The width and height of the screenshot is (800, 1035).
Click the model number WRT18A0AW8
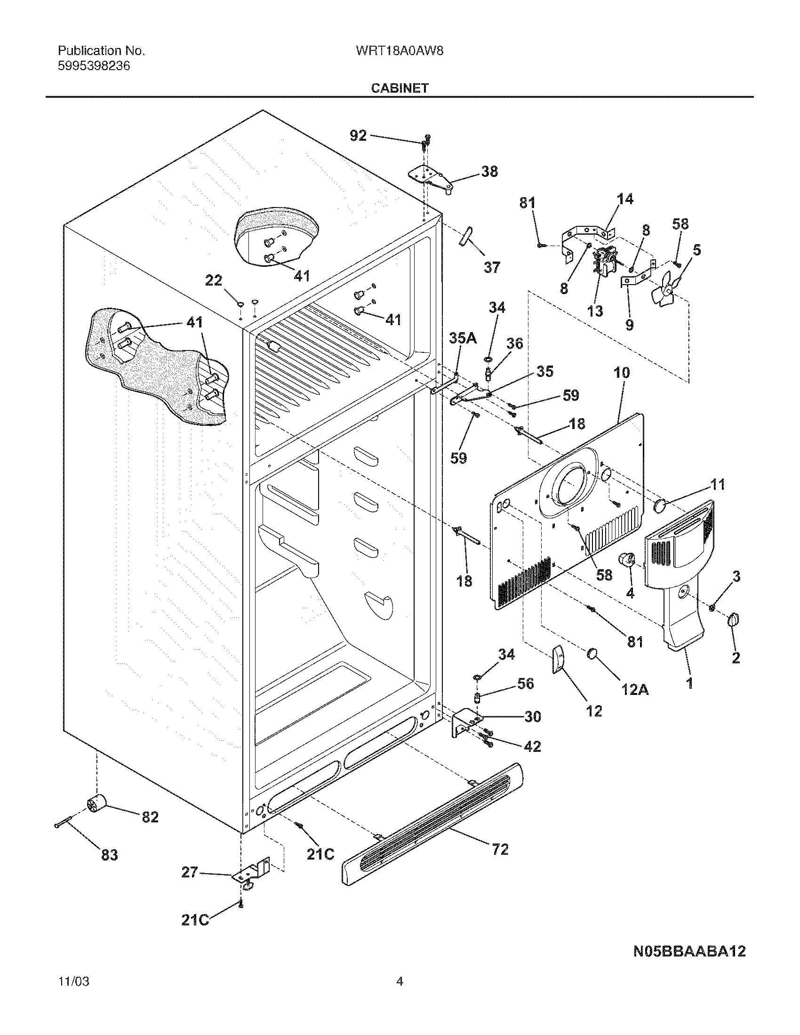coord(399,51)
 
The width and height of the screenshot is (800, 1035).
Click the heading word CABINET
coord(400,88)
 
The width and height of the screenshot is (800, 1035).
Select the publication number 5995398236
coord(94,66)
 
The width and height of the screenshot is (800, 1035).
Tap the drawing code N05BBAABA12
coord(689,951)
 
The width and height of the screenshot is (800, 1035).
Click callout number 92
coord(358,136)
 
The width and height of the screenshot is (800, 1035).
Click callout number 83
coord(109,855)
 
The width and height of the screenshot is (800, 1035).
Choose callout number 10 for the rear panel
coord(622,373)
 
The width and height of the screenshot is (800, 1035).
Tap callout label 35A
coord(463,338)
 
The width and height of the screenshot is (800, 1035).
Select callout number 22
coord(213,280)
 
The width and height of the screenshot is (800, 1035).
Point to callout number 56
coord(525,684)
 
